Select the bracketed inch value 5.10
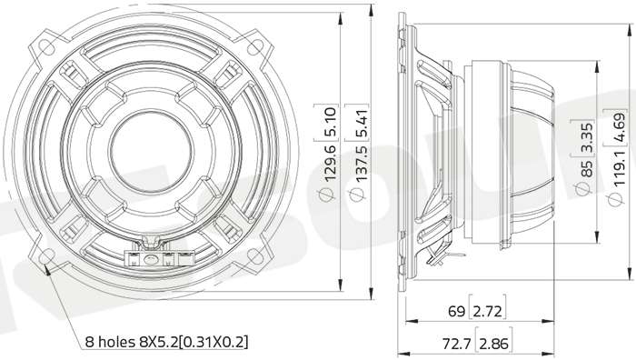[x=330, y=121]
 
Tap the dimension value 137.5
[x=361, y=163]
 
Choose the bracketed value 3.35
[x=587, y=137]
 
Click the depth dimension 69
[x=456, y=311]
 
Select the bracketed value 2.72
[x=488, y=311]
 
